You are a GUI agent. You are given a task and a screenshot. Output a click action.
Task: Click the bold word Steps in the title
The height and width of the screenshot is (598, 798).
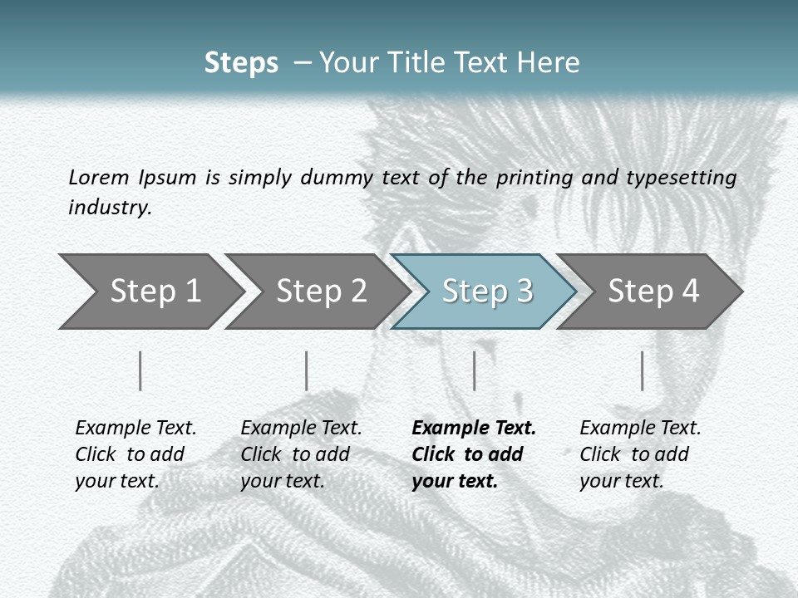coord(241,63)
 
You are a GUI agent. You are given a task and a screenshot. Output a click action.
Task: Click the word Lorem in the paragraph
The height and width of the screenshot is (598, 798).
coord(98,177)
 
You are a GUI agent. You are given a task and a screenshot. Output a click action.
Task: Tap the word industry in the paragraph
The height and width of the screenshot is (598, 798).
coord(110,207)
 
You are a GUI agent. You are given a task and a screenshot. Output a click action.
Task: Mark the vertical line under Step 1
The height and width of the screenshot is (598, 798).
coord(140,370)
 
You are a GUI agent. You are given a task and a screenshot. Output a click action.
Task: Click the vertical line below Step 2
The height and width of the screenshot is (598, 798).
coord(307,370)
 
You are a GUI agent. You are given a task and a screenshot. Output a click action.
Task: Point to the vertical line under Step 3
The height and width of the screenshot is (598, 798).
coord(475,370)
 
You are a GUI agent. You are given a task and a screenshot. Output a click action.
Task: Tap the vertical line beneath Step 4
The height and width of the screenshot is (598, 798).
coord(643,370)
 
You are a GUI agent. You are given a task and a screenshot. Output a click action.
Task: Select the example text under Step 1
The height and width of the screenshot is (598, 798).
coord(135,454)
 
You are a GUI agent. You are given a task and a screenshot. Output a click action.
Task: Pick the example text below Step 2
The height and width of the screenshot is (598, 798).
coord(301,454)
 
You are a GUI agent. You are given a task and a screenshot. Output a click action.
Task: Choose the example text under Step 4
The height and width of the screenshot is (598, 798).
coord(640,454)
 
